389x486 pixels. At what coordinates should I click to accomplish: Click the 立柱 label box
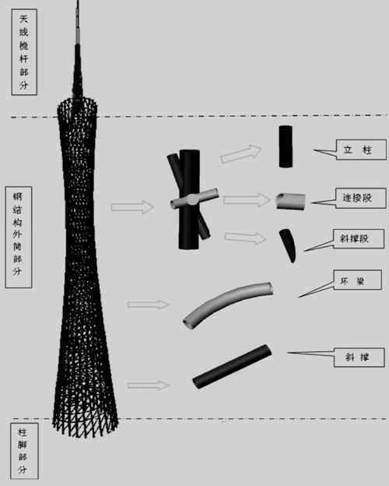[x=361, y=150]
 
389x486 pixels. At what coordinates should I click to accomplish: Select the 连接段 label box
[x=360, y=198]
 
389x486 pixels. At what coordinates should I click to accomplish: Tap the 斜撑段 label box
[x=359, y=238]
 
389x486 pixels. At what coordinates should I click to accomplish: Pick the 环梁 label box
[x=357, y=280]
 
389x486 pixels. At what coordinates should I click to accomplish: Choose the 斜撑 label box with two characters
[x=359, y=357]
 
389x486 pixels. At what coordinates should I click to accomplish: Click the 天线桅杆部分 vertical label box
[x=24, y=51]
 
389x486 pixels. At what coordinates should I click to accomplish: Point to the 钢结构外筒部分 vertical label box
[x=19, y=237]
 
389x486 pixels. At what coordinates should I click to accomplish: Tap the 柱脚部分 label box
[x=24, y=451]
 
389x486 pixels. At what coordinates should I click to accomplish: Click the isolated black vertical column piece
[x=286, y=146]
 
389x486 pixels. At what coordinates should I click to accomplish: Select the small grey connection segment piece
[x=290, y=202]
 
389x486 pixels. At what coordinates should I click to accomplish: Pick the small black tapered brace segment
[x=288, y=245]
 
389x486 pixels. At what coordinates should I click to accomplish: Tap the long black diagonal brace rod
[x=233, y=366]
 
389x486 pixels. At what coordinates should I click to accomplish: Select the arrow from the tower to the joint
[x=132, y=206]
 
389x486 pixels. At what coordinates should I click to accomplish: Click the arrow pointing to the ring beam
[x=148, y=305]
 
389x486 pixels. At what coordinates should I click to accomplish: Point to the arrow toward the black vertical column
[x=241, y=153]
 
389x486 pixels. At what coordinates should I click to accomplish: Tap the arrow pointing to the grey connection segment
[x=247, y=200]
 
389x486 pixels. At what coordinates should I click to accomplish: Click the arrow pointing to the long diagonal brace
[x=148, y=386]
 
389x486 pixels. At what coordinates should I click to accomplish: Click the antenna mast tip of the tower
[x=78, y=1]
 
